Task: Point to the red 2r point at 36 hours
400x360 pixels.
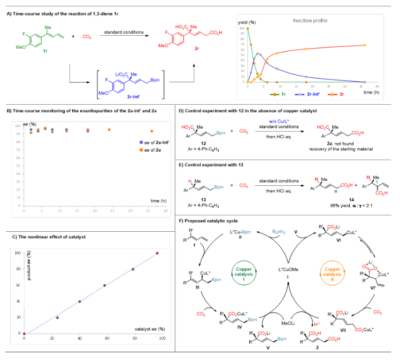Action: coord(364,45)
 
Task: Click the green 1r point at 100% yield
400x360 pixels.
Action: coord(248,28)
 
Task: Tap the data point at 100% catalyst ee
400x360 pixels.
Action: coord(157,253)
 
